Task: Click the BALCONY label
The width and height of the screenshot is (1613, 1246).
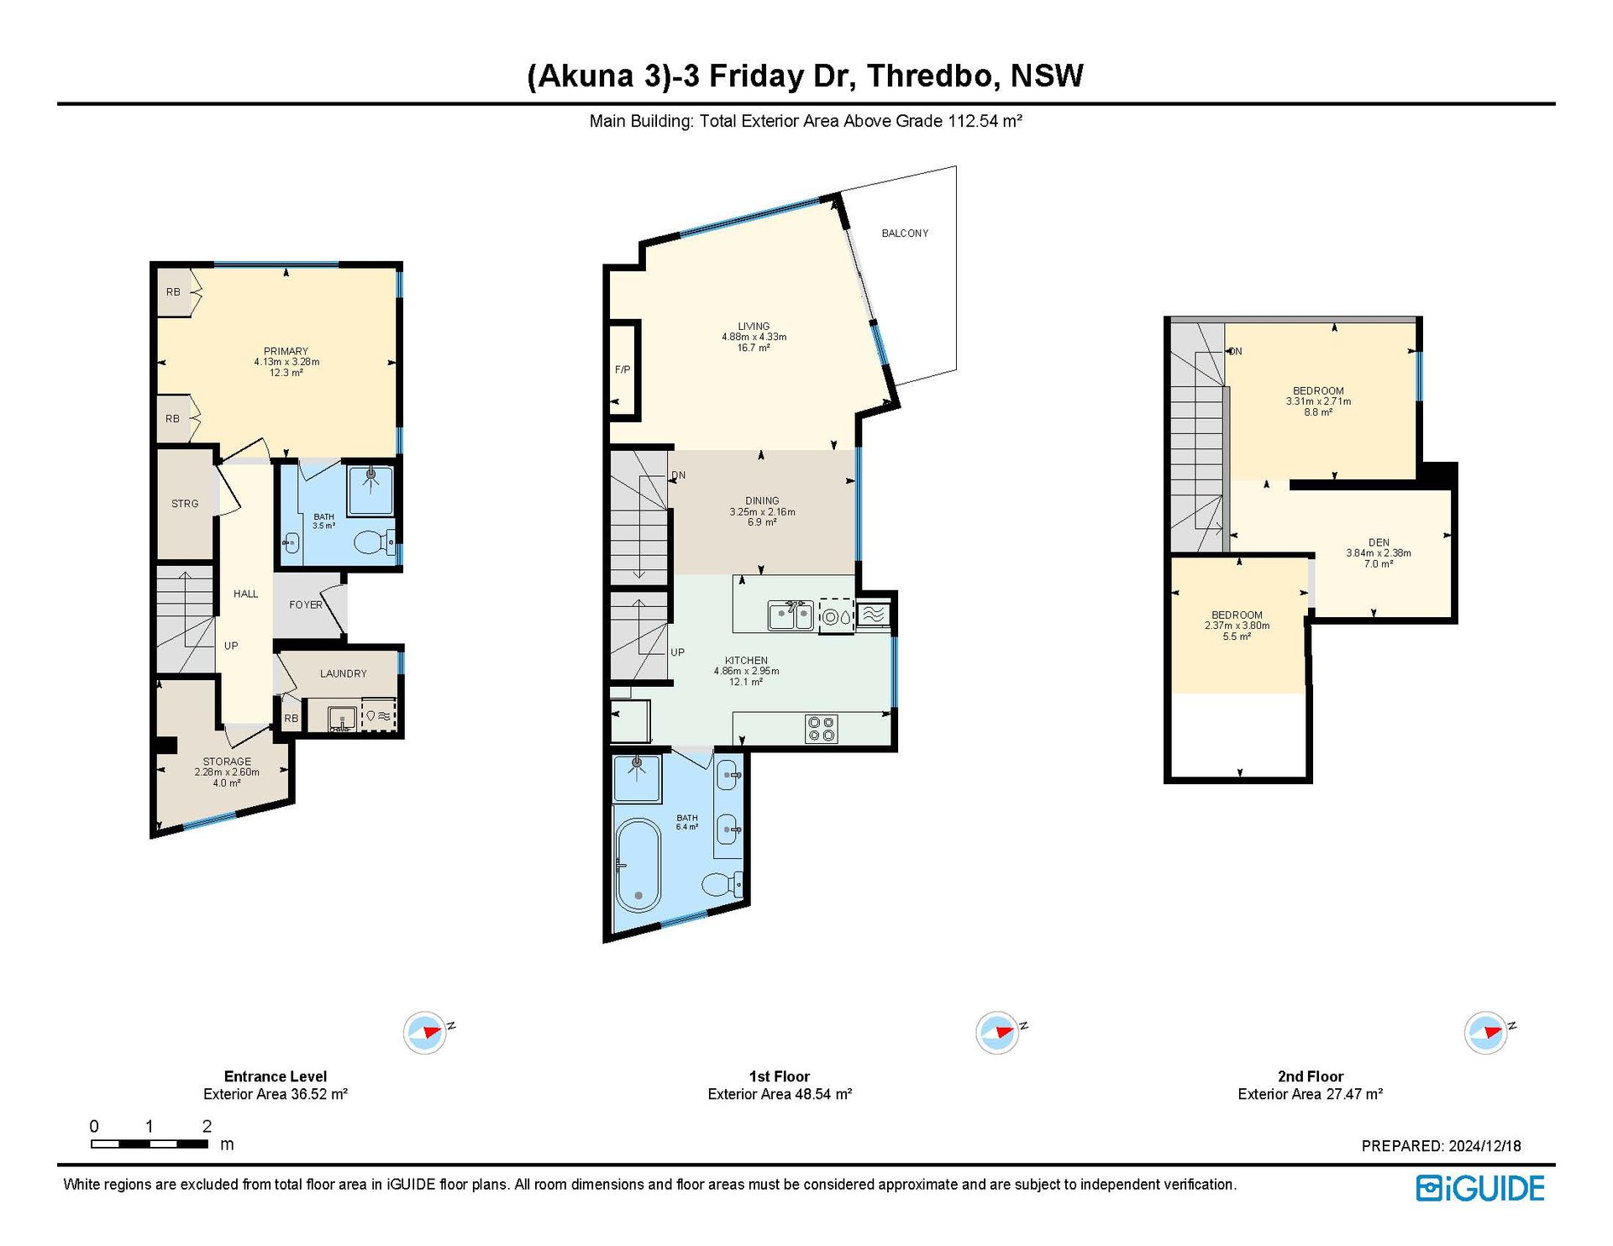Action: [905, 233]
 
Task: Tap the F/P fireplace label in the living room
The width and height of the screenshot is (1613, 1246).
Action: [623, 369]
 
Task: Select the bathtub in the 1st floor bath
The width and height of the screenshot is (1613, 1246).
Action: [638, 865]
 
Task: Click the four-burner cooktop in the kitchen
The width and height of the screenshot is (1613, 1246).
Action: [821, 728]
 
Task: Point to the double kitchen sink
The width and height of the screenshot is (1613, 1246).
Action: [791, 615]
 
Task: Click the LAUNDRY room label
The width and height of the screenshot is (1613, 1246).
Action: [343, 673]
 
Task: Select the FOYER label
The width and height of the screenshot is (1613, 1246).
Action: [306, 605]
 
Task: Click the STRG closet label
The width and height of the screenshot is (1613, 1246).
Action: [185, 504]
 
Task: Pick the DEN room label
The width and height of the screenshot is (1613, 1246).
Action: [1379, 542]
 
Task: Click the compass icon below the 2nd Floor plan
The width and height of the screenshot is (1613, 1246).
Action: [1485, 1032]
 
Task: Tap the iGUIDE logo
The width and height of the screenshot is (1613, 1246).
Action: [1480, 1188]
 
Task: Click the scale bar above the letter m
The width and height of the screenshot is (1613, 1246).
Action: [150, 1144]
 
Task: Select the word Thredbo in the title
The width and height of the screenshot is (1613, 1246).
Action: [933, 76]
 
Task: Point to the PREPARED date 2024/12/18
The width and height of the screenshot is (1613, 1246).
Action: [1484, 1146]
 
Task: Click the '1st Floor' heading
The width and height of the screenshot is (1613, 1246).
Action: [780, 1076]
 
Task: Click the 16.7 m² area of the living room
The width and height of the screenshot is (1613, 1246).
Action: [754, 348]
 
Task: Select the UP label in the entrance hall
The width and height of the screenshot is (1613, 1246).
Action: [231, 646]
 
